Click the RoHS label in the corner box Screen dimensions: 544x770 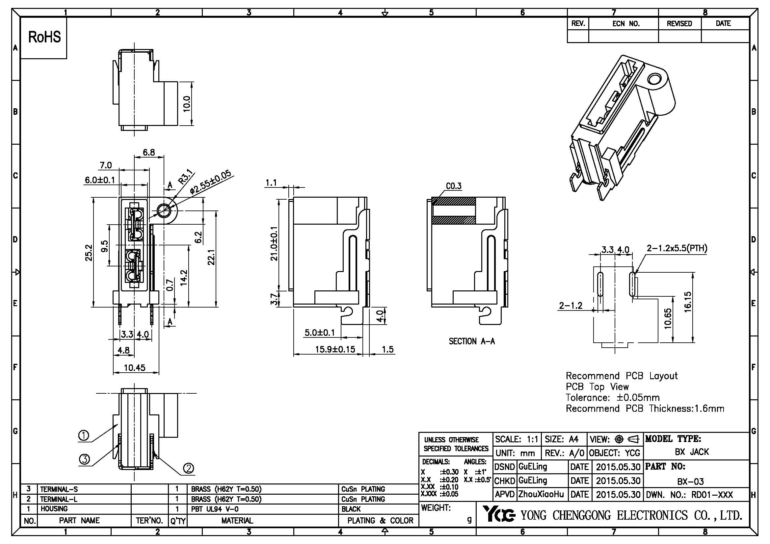[44, 37]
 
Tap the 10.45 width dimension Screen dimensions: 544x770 [135, 368]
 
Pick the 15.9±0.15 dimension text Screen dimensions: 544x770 [335, 349]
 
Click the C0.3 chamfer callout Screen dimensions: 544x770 [453, 186]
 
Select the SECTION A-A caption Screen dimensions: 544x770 [471, 341]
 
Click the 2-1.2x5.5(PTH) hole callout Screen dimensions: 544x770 [677, 248]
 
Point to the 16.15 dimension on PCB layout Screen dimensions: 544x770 [687, 302]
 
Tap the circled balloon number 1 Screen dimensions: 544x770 [84, 435]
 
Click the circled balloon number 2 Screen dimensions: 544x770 [189, 468]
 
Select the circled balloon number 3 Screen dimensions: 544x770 [84, 459]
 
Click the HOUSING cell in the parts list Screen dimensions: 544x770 [54, 509]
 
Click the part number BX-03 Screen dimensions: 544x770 [690, 482]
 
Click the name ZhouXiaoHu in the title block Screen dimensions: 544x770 [541, 494]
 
